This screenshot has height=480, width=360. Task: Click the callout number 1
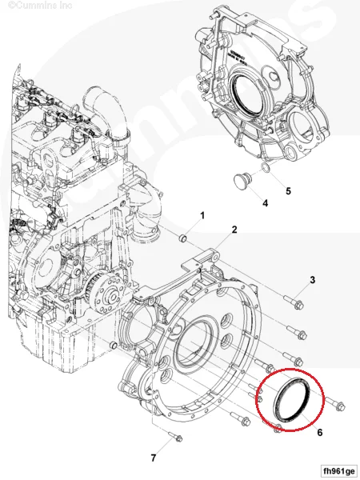click(202, 216)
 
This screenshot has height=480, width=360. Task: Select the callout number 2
click(234, 230)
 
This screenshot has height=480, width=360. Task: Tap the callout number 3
click(313, 279)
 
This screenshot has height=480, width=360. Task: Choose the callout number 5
click(289, 192)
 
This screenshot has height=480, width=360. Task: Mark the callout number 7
click(153, 458)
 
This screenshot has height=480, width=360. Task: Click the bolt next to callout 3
click(297, 305)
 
